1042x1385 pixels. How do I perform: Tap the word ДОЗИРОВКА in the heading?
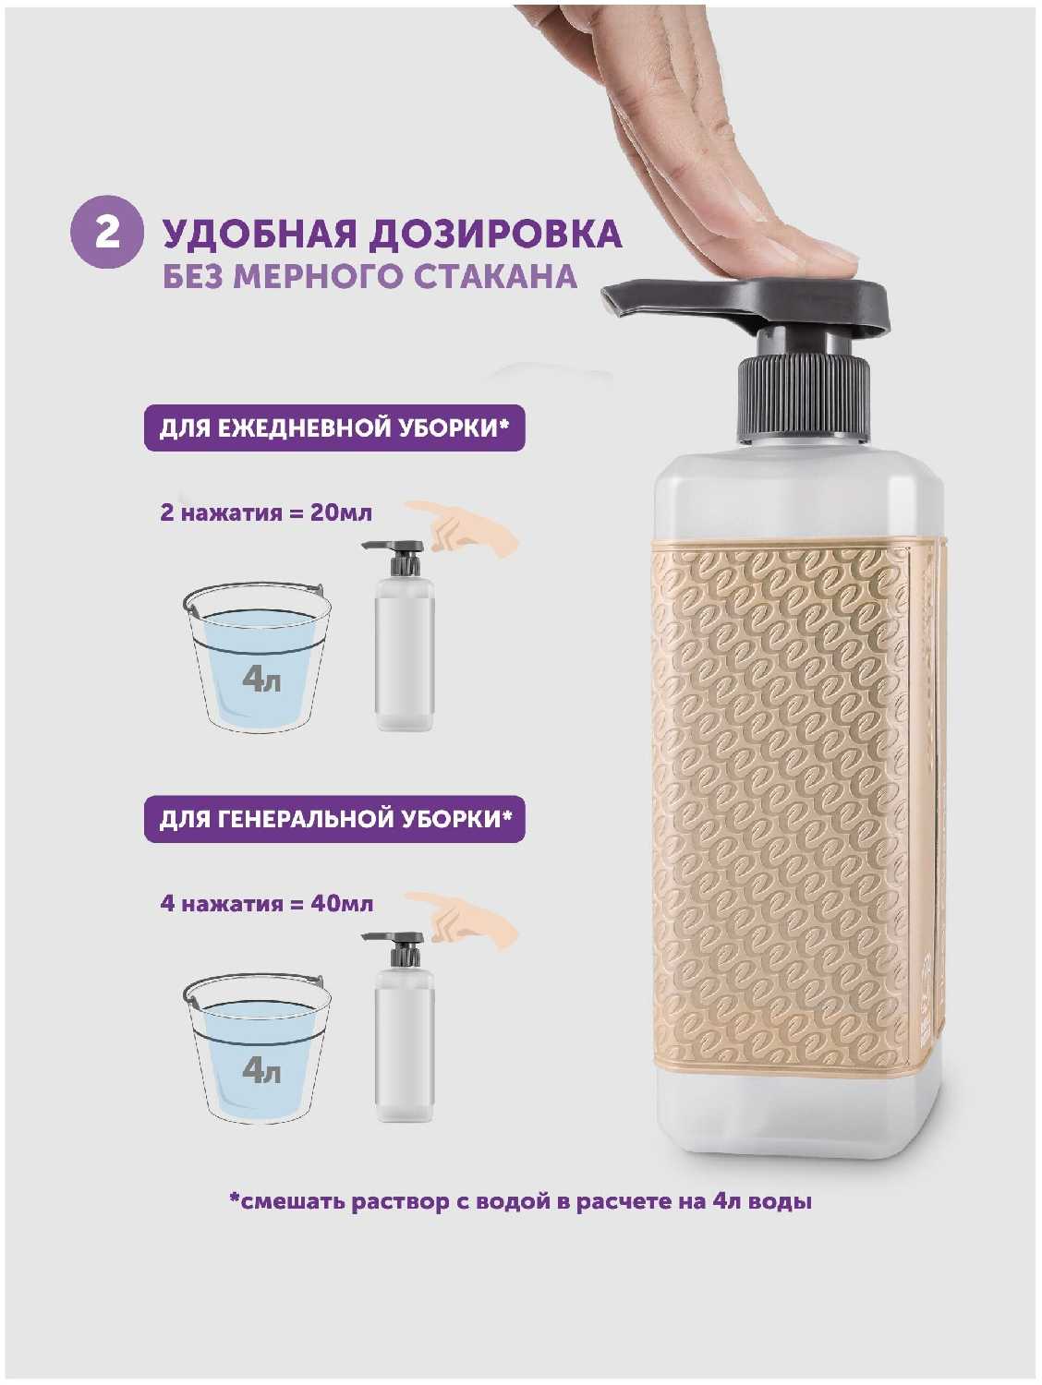pyautogui.click(x=496, y=235)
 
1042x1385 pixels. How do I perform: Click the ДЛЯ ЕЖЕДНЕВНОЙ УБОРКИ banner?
pyautogui.click(x=334, y=428)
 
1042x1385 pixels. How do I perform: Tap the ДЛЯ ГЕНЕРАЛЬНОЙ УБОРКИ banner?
pyautogui.click(x=334, y=819)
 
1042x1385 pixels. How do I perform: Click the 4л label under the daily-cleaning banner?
pyautogui.click(x=261, y=680)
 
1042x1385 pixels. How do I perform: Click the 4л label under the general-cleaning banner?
pyautogui.click(x=261, y=1071)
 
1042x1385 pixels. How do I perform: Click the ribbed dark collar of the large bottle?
pyautogui.click(x=803, y=400)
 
